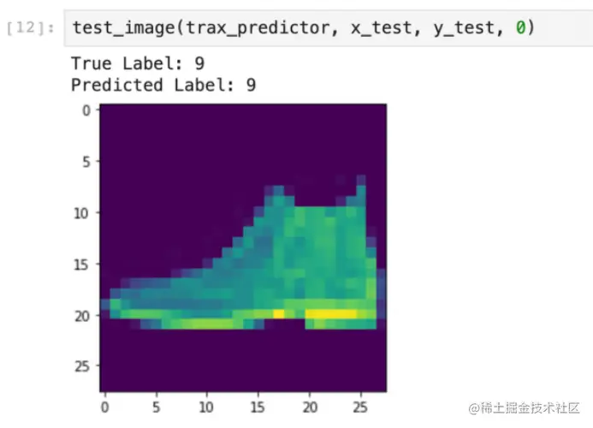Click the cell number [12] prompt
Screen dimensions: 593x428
pyautogui.click(x=30, y=27)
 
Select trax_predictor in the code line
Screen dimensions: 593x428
pyautogui.click(x=258, y=27)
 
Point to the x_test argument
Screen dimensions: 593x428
pyautogui.click(x=381, y=27)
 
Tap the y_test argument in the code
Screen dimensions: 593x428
pyautogui.click(x=464, y=27)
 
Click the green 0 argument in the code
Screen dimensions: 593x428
pyautogui.click(x=521, y=27)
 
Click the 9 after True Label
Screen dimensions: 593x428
pyautogui.click(x=199, y=63)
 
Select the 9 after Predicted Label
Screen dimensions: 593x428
pyautogui.click(x=251, y=85)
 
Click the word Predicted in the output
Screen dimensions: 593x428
pyautogui.click(x=117, y=85)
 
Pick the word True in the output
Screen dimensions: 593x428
pyautogui.click(x=92, y=63)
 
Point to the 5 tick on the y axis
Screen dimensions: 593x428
pyautogui.click(x=86, y=162)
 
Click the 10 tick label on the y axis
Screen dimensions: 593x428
pyautogui.click(x=81, y=213)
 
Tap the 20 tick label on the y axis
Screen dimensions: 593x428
pyautogui.click(x=81, y=316)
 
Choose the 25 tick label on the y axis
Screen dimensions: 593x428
pyautogui.click(x=81, y=366)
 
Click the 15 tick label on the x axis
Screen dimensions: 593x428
pyautogui.click(x=258, y=407)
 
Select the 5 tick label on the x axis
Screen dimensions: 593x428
pyautogui.click(x=157, y=407)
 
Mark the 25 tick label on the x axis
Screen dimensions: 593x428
pyautogui.click(x=360, y=407)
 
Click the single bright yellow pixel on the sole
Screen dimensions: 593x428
pyautogui.click(x=279, y=313)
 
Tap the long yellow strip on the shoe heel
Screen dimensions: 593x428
pyautogui.click(x=331, y=313)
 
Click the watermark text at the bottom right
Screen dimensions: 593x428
pyautogui.click(x=525, y=408)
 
